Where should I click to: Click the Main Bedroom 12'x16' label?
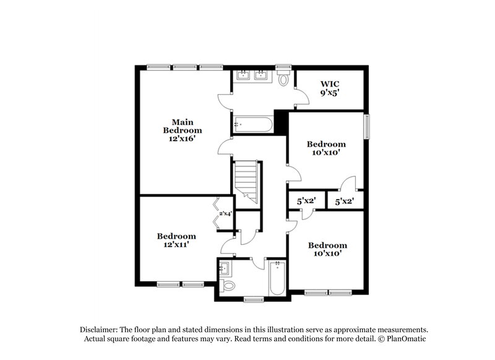click(x=183, y=131)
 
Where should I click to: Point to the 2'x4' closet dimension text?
click(x=225, y=214)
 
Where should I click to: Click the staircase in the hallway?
click(x=247, y=180)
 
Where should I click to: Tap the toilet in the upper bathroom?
click(x=284, y=79)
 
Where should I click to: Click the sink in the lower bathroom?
click(x=225, y=268)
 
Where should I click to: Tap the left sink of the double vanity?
click(x=243, y=77)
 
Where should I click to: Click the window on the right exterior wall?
click(x=368, y=127)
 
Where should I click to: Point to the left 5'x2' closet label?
click(x=306, y=201)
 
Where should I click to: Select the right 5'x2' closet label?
click(x=344, y=201)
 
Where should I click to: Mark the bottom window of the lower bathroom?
click(x=254, y=300)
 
